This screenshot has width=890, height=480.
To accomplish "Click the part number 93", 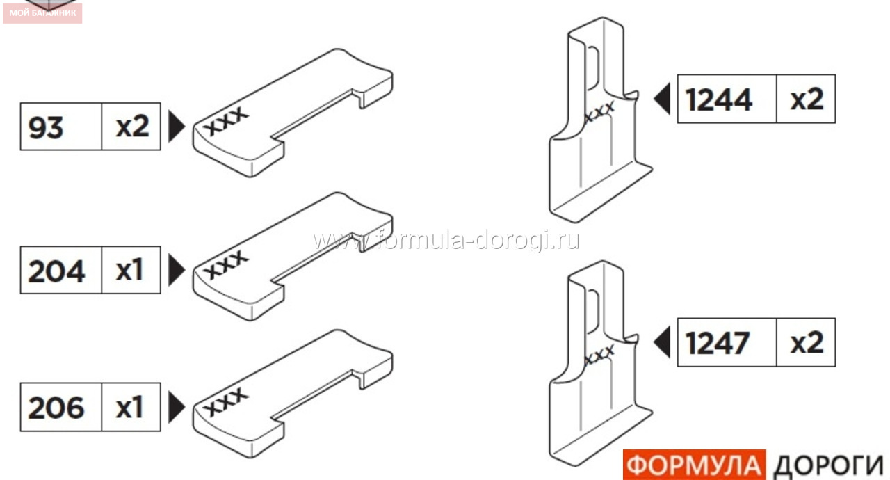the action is click(46, 127).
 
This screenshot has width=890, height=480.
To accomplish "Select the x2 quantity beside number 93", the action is click(132, 127).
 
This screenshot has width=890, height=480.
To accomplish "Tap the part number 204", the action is click(56, 271).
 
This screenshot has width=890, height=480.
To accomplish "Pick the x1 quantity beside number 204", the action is click(129, 270).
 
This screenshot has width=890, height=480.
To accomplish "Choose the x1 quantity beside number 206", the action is click(129, 407).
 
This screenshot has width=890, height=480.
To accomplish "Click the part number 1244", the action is click(719, 99).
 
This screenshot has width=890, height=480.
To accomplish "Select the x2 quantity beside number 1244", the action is click(807, 99).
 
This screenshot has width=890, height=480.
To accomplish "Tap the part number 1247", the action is click(718, 343).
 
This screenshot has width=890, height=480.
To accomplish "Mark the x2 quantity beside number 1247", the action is click(807, 342).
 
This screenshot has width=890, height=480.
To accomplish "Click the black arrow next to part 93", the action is click(176, 127).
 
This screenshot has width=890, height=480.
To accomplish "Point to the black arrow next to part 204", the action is click(176, 270).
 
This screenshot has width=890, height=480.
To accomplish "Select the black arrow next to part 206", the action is click(176, 407).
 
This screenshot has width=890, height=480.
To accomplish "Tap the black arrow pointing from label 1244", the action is click(663, 99).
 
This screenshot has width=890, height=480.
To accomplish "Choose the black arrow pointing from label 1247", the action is click(663, 342).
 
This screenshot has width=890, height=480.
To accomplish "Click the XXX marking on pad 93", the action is click(226, 120).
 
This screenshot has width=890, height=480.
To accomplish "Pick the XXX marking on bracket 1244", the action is click(599, 111).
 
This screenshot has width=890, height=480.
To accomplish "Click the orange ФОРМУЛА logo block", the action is click(694, 465).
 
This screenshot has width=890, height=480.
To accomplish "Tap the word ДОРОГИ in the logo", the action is click(828, 465).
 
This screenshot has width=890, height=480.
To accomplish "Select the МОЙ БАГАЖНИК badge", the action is click(42, 13).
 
